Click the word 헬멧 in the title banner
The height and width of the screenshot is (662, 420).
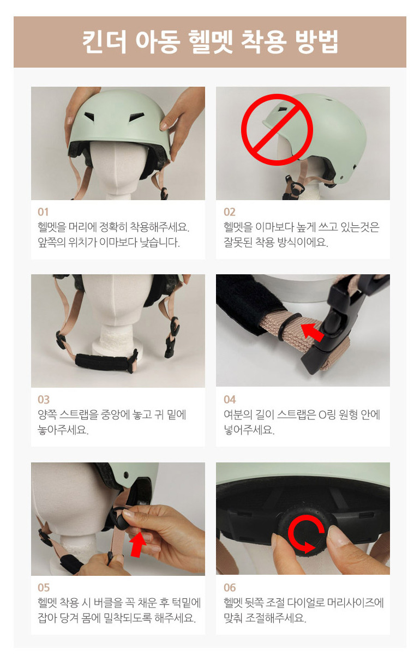coord(211,41)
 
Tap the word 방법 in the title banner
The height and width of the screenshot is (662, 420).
coord(316,41)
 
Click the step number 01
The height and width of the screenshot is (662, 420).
coord(43,212)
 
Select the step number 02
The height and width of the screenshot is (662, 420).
coord(229,212)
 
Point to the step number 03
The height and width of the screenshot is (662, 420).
coord(44,400)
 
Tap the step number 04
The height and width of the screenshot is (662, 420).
coord(230,400)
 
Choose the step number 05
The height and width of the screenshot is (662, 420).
coord(44,587)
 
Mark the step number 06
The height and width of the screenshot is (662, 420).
coord(230,587)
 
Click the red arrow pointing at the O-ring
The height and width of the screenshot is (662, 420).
coord(312,332)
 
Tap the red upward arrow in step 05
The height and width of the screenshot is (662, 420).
coord(139,544)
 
